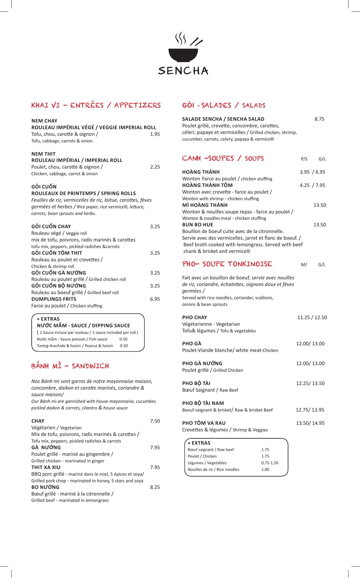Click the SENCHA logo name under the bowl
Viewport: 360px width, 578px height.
point(183,71)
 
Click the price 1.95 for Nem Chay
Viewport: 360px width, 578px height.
point(155,134)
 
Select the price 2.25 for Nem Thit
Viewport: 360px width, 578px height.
point(155,167)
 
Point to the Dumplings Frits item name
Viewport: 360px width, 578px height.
point(54,299)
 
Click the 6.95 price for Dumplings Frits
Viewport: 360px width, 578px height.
point(155,299)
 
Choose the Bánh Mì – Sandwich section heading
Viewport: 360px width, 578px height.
point(70,366)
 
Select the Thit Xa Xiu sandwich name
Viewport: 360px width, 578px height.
point(46,468)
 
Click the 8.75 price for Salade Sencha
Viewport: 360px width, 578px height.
point(319,119)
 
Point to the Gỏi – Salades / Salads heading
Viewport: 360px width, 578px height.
point(224,105)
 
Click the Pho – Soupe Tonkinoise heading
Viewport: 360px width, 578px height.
point(227,264)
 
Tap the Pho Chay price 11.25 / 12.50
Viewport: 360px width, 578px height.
point(312,317)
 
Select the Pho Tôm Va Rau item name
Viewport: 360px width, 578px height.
point(204,423)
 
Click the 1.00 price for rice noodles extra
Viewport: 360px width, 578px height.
point(265,469)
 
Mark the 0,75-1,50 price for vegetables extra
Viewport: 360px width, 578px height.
point(270,463)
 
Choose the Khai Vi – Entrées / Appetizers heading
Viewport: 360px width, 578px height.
point(96,105)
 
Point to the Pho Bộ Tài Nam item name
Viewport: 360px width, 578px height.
point(203,403)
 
